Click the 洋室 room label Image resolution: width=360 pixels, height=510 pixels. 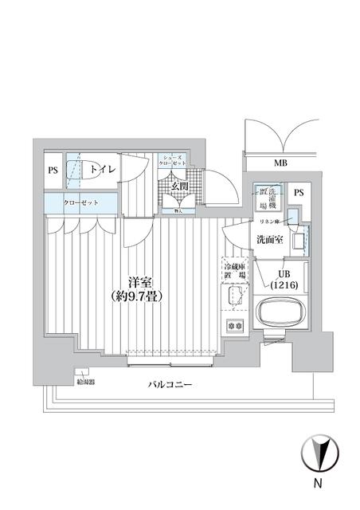[140, 281]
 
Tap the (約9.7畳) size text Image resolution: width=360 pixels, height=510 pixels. [140, 296]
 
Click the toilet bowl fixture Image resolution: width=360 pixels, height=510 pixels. [75, 170]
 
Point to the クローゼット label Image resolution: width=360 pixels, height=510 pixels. [81, 203]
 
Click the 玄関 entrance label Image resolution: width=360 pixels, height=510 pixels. [180, 186]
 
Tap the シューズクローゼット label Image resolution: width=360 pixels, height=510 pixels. [174, 160]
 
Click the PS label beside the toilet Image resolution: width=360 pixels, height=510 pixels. [53, 170]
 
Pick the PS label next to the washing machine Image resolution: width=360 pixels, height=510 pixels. [299, 193]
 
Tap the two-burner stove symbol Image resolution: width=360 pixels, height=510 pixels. [234, 325]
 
